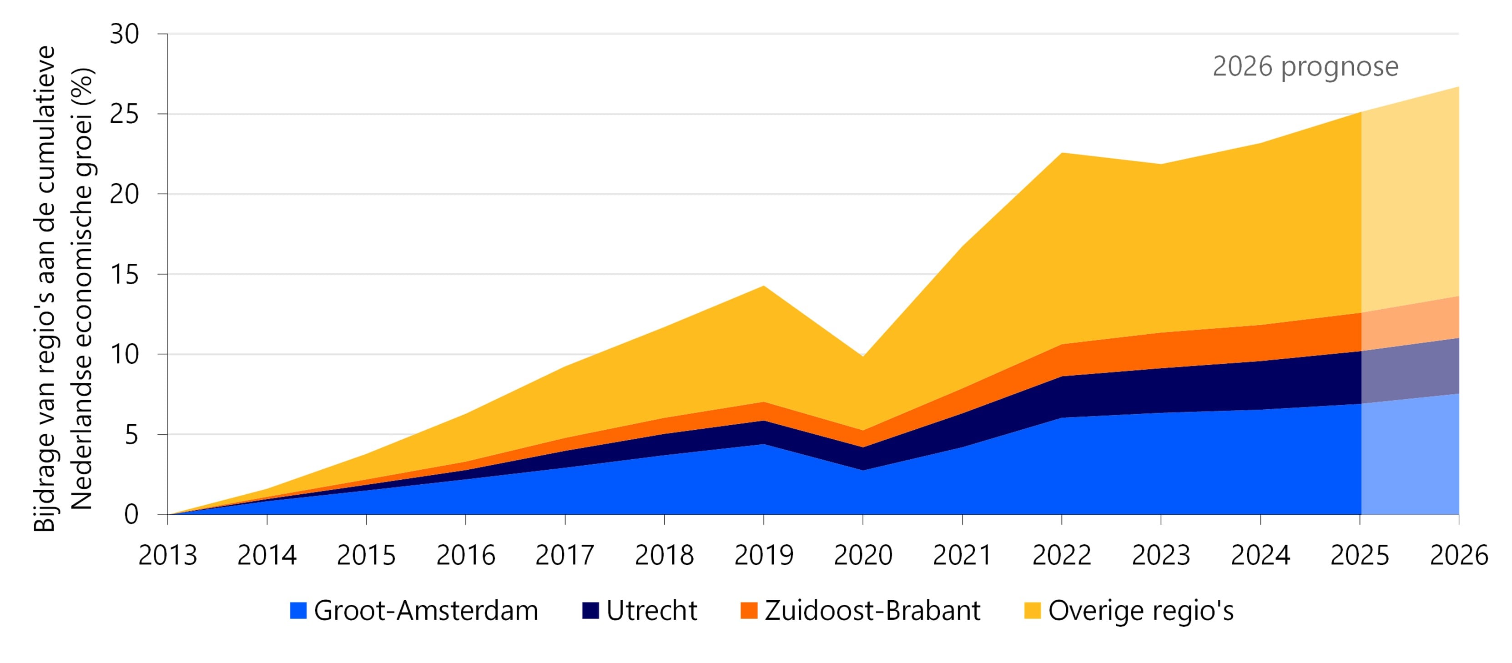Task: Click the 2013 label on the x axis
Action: click(167, 555)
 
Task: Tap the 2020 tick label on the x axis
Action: click(863, 555)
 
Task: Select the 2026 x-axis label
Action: click(1459, 555)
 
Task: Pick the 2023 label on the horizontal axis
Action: click(1161, 555)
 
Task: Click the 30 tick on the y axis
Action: click(125, 34)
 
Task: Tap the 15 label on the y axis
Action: click(125, 274)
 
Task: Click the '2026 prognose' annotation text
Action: click(1305, 67)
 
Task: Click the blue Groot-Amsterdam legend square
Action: click(298, 611)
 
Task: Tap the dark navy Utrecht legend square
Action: click(590, 611)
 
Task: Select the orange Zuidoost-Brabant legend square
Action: click(749, 611)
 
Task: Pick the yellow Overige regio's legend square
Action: click(1033, 611)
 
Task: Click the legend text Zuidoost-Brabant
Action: click(873, 611)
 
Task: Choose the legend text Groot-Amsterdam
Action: click(426, 611)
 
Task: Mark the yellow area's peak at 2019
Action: click(764, 286)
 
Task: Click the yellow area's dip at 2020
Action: click(863, 357)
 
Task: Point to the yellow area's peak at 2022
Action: click(1062, 152)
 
